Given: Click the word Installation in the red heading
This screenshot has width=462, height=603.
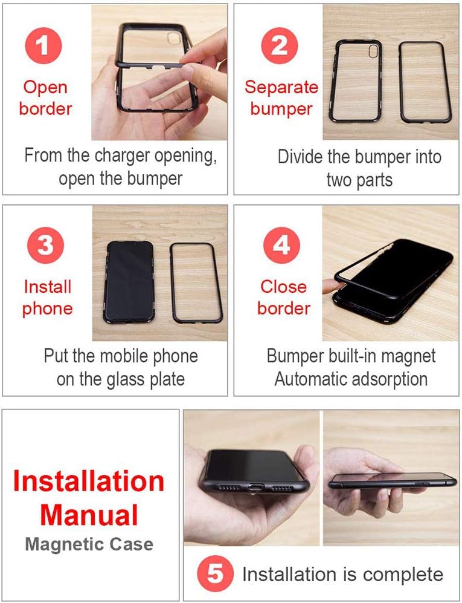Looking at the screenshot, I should point(89,481).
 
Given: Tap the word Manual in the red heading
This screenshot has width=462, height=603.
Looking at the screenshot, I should point(89,515).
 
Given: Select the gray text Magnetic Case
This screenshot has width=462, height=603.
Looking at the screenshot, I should point(89,544).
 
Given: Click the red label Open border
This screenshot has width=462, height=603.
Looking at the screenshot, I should point(45,98).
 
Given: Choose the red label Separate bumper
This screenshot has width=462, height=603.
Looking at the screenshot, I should point(281,98).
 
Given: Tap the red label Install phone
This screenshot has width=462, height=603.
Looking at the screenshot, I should point(47,298).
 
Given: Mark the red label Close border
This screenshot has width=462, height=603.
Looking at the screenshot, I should point(283,298).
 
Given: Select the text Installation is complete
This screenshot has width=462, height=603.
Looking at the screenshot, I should point(342,575).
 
